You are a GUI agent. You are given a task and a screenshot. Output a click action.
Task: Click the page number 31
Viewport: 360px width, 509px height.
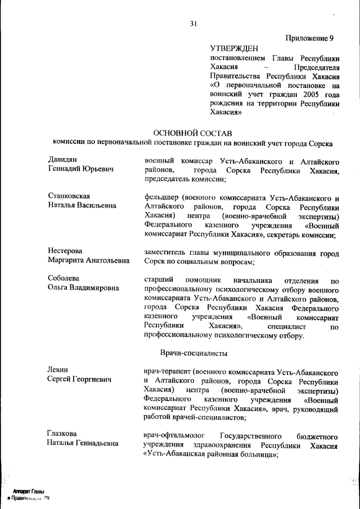193,24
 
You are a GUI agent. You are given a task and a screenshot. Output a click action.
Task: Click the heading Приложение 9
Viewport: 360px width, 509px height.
309,38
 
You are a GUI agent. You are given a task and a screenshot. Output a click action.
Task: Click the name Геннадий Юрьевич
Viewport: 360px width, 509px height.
80,169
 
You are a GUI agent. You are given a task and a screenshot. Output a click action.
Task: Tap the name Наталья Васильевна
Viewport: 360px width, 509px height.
82,205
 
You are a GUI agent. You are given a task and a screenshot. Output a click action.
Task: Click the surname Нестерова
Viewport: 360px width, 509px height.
65,251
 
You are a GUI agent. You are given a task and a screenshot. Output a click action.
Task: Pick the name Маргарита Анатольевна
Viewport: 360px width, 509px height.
88,260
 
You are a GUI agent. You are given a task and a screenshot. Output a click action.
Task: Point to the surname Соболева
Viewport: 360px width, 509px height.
64,278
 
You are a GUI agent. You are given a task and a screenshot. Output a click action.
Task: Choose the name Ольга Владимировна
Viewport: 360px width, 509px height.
83,288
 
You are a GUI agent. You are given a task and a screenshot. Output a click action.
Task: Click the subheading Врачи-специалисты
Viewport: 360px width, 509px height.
193,353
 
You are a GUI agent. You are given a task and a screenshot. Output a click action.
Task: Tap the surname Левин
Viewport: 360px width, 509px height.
57,370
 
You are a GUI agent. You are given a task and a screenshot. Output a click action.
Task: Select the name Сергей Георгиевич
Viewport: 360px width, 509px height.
79,379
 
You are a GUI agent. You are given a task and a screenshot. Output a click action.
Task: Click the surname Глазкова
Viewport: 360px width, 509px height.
62,434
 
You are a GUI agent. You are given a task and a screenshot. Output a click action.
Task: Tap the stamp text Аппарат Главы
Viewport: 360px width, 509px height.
29,491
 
